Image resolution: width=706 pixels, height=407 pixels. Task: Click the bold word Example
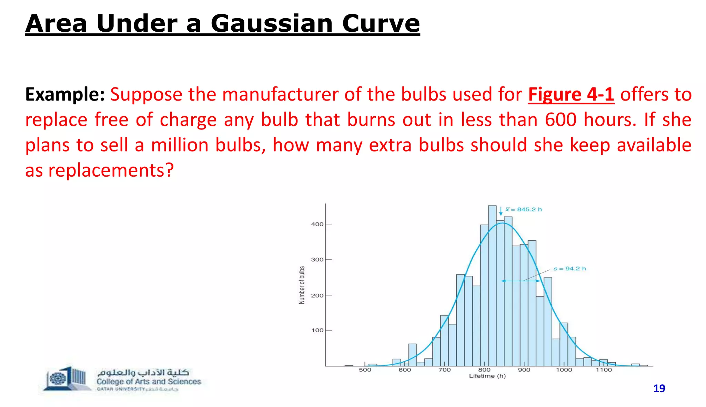(x=65, y=94)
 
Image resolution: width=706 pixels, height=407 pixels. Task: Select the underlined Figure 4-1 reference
(x=571, y=94)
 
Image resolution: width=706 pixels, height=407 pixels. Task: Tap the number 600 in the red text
(x=561, y=120)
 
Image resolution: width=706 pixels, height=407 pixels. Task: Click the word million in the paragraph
(x=180, y=145)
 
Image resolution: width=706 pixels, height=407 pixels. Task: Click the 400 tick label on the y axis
(x=317, y=224)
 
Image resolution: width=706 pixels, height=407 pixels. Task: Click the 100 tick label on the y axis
(x=317, y=331)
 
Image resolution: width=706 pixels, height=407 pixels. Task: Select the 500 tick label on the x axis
(x=365, y=370)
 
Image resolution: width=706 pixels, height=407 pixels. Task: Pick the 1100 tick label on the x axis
(x=604, y=370)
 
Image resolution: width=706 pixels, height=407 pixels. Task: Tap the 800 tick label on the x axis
(x=484, y=370)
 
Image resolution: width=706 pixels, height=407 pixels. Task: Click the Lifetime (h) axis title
(x=487, y=376)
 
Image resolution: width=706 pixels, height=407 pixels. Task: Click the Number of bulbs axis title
(x=302, y=285)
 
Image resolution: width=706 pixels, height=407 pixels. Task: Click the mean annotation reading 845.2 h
(x=524, y=209)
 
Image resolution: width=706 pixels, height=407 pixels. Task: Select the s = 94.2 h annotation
(x=569, y=269)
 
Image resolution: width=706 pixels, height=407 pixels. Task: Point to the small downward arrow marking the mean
(x=501, y=211)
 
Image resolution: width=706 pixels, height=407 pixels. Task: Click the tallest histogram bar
(x=492, y=286)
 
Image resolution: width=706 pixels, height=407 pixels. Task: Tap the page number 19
(x=659, y=389)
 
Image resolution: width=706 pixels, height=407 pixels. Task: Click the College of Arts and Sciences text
(x=149, y=382)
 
